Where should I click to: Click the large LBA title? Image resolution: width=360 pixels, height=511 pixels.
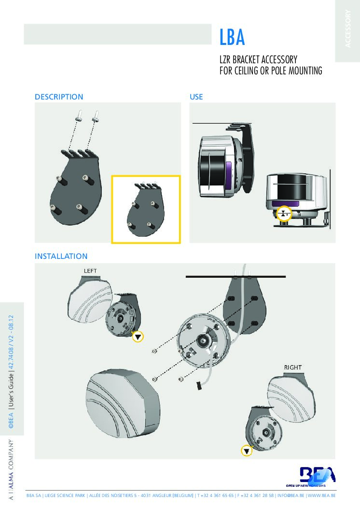tap(232, 37)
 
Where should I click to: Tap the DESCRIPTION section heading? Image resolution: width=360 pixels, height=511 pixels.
tap(59, 97)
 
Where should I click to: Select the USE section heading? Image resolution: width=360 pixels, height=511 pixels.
tap(196, 97)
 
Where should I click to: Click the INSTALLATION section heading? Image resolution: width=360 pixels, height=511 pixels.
tap(61, 256)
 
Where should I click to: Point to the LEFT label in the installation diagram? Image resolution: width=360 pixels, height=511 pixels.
tap(91, 271)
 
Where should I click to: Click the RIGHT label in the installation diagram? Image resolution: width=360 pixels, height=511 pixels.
tap(292, 368)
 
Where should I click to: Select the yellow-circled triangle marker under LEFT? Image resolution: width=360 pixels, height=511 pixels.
tap(138, 337)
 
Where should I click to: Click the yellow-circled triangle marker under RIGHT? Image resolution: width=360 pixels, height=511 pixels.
tap(247, 451)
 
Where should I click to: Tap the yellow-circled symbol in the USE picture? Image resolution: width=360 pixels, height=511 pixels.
tap(285, 212)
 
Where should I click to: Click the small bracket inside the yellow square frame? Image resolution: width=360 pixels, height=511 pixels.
tap(145, 209)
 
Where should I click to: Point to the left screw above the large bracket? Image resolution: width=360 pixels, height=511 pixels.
tap(79, 115)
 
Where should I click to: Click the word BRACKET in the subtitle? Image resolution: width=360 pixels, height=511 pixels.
tap(252, 60)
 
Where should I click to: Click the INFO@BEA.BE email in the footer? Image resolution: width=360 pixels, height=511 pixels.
tap(290, 496)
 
